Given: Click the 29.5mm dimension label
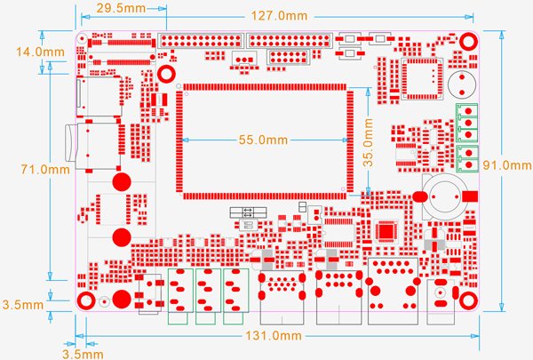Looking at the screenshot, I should pos(122,8).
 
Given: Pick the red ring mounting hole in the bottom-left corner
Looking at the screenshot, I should pos(85,300).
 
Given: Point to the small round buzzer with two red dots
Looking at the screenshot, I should pos(460,84).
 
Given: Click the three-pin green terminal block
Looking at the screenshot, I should pos(466,123).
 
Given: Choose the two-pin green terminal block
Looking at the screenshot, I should pos(466,160).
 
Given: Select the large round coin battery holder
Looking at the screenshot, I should pos(442,195).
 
